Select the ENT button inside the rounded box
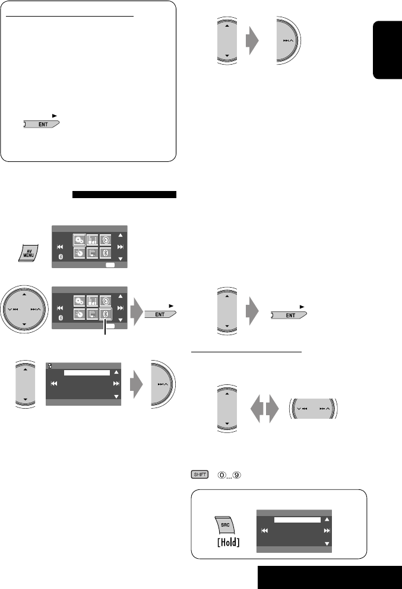coord(43,125)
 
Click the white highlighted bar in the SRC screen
coord(296,520)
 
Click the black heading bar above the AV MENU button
coord(124,194)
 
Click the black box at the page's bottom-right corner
coord(330,577)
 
